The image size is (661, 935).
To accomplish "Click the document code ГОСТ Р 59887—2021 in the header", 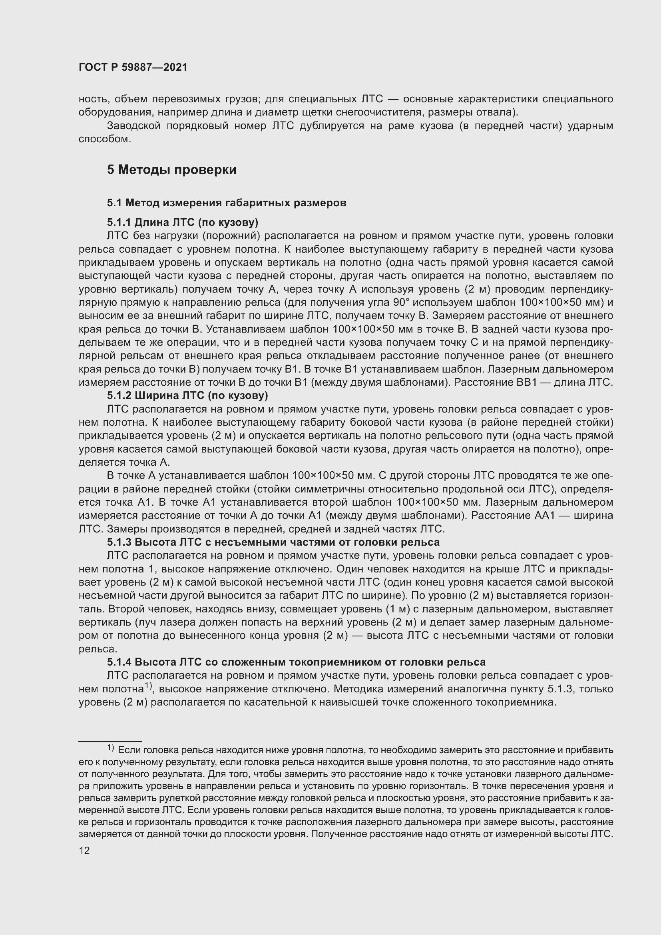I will (x=133, y=67).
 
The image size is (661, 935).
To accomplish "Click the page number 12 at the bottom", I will (x=84, y=850).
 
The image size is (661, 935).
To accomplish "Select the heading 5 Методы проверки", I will (x=171, y=169).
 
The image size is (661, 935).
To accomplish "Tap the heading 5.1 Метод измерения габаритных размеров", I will (x=226, y=202).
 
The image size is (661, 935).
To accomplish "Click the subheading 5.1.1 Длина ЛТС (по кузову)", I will (x=183, y=222).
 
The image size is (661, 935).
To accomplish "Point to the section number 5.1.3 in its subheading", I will (x=119, y=542).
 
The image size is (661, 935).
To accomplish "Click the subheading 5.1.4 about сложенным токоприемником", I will (x=296, y=662).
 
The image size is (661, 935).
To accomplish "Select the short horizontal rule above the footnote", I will (x=110, y=741).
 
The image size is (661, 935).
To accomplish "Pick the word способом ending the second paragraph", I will (x=105, y=139).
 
